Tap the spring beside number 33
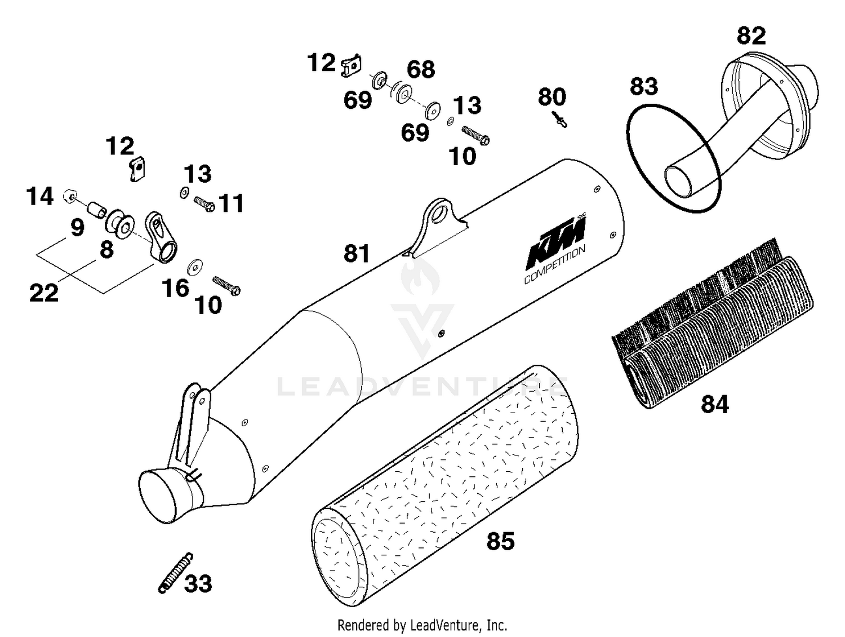point(175,573)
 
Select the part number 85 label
point(500,541)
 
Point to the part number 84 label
point(714,404)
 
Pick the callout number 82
point(751,36)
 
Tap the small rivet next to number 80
point(560,120)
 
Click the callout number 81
point(357,254)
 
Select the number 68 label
point(421,69)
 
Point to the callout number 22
point(43,293)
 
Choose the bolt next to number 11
point(204,204)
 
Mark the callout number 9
point(77,228)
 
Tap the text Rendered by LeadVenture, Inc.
point(422,625)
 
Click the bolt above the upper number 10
point(475,135)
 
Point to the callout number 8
point(106,250)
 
